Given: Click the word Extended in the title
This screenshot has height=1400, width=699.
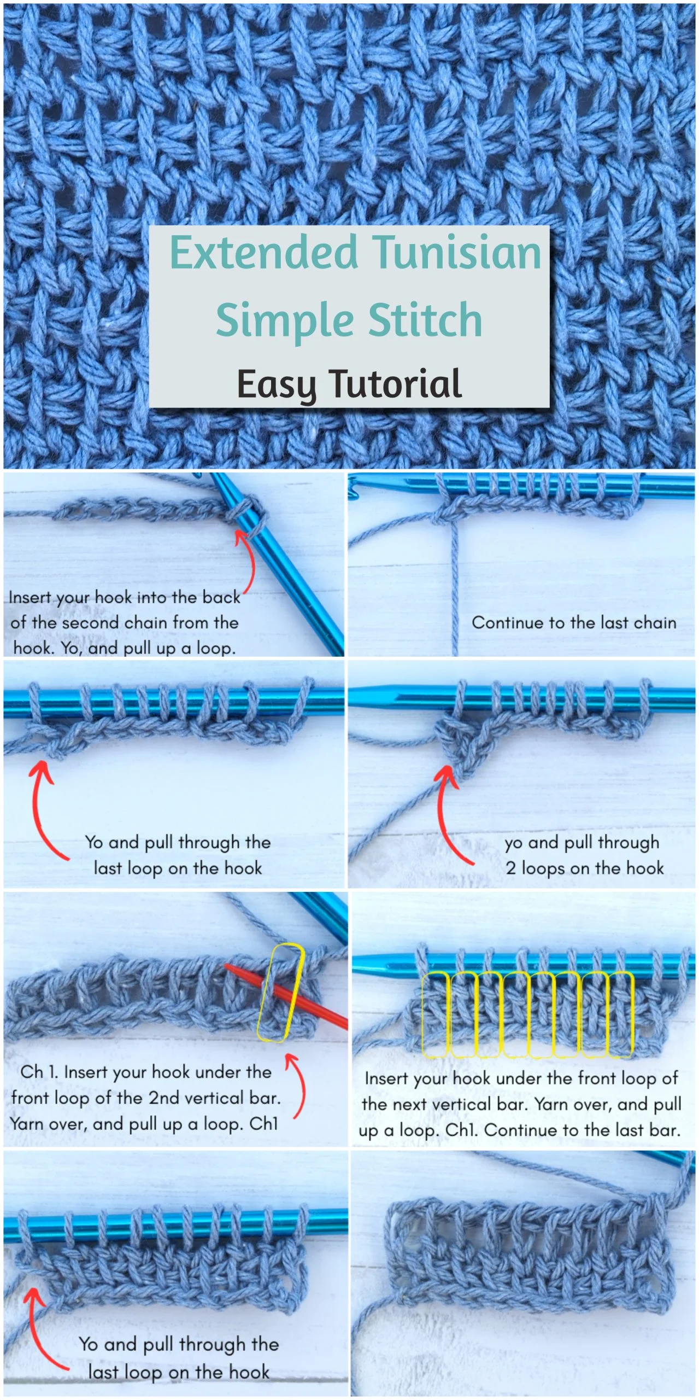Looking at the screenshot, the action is (264, 252).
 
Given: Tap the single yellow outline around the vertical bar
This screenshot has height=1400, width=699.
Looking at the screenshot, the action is (280, 992).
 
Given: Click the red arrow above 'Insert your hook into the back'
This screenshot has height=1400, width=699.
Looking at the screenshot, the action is (246, 561).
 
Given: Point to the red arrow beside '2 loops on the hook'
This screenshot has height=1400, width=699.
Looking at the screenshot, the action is (445, 815).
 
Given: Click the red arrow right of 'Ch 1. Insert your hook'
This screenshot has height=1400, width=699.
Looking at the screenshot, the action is (298, 1086).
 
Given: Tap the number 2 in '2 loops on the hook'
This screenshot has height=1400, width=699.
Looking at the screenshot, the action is (511, 868).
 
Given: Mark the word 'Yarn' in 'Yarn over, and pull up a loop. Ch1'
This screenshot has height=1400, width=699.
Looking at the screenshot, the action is (27, 1124).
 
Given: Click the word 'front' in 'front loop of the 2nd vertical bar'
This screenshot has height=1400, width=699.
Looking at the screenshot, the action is (31, 1098).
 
